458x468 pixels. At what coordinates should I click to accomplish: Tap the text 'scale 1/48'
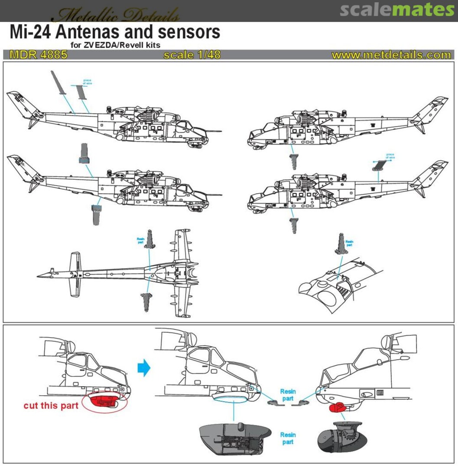pos(192,55)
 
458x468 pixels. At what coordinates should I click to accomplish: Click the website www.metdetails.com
pos(391,55)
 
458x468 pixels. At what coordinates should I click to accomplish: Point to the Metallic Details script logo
pos(114,15)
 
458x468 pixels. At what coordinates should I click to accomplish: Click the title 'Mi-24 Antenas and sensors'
pos(115,32)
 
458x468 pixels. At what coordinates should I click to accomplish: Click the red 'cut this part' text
pos(51,406)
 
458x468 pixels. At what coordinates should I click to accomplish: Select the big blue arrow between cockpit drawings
pos(143,367)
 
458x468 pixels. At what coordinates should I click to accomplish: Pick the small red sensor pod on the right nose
pos(337,407)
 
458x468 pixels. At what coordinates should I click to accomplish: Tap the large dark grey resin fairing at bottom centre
pos(234,438)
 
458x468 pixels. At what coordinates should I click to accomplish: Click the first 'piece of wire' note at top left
pos(88,81)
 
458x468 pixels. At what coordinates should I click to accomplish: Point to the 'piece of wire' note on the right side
pos(390,156)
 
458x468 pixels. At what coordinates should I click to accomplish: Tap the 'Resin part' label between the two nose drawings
pos(287,395)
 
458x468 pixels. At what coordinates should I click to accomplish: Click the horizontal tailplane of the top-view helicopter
pos(75,274)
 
